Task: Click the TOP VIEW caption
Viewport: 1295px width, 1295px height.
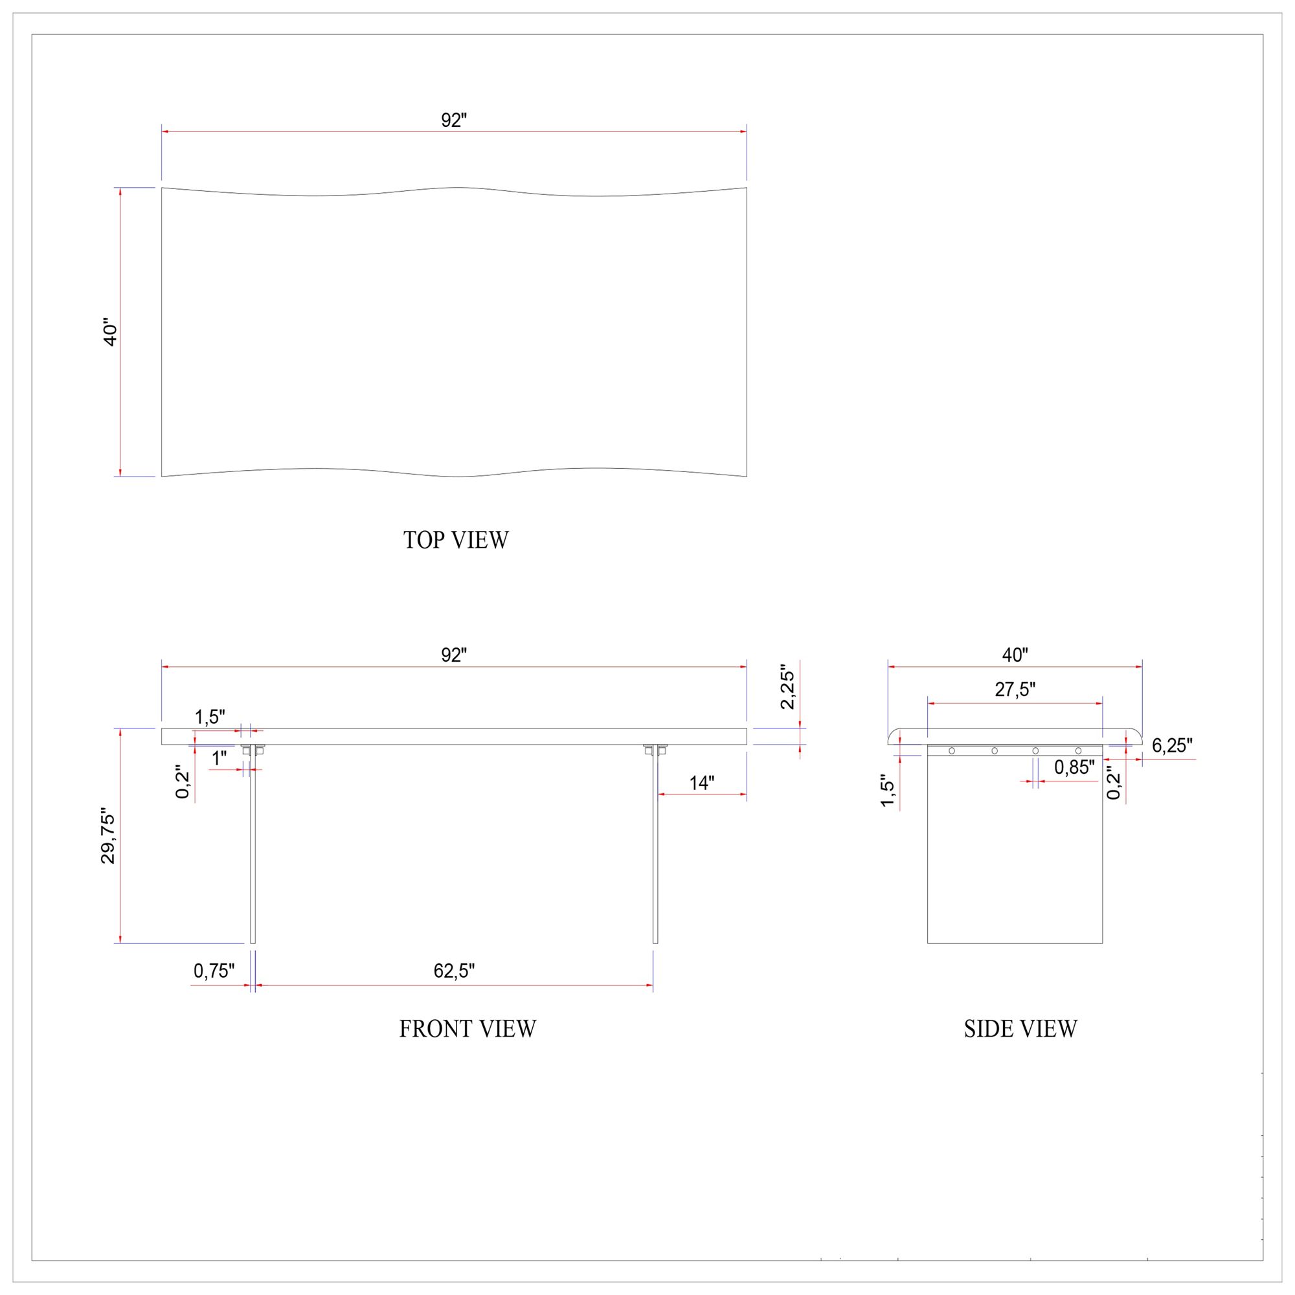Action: point(456,540)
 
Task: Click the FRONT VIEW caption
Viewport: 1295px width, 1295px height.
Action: point(468,1029)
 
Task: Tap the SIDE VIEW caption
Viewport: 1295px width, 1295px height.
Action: point(1020,1029)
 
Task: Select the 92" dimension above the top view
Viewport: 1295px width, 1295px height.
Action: point(454,120)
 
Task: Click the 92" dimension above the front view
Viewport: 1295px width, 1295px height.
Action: point(454,655)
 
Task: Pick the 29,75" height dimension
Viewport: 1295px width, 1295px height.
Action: point(108,839)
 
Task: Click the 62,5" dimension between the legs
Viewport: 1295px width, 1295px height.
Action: point(454,971)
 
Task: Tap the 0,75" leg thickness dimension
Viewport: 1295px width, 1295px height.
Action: point(214,971)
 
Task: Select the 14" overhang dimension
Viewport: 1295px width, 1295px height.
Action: point(702,783)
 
